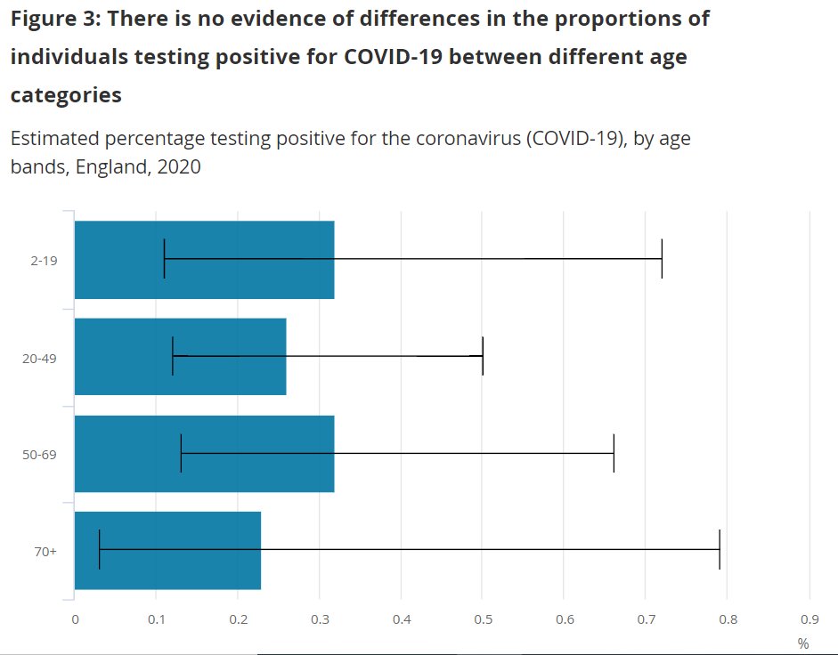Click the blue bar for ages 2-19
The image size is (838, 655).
pos(204,259)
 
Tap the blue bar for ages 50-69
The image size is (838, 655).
pos(204,453)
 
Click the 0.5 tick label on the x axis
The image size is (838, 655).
pos(483,619)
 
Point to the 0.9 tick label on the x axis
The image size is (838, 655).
pos(809,619)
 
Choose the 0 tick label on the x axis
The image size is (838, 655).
pos(75,619)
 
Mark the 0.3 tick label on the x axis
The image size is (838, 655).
pos(320,619)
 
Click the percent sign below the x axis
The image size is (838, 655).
pos(803,643)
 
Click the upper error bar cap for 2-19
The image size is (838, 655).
pos(662,258)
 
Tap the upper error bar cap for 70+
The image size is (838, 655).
pos(719,549)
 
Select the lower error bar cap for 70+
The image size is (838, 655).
pos(99,549)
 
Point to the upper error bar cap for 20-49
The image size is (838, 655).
pos(482,355)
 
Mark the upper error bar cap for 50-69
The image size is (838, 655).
pos(614,452)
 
